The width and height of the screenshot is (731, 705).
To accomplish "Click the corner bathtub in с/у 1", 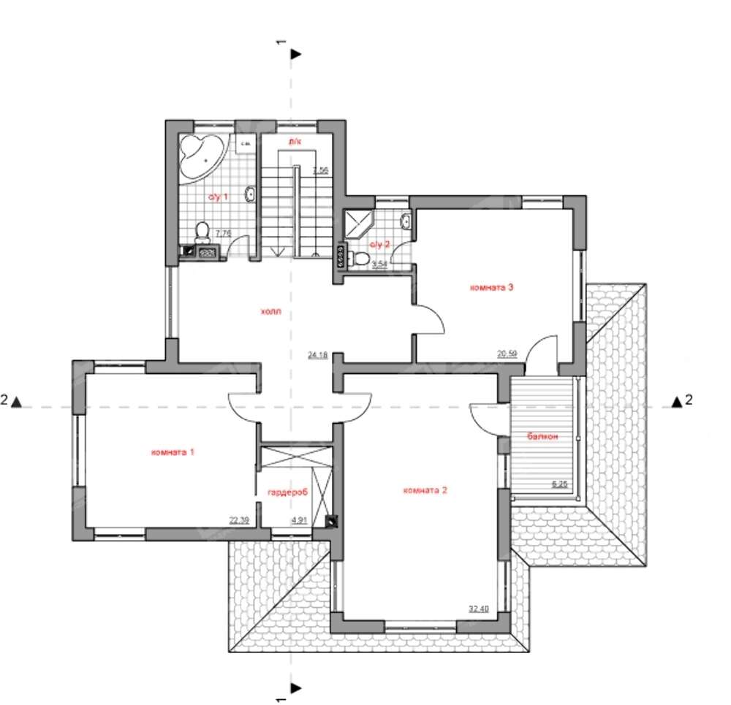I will pos(201,156).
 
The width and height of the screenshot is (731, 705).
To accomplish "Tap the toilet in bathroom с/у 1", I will pos(202,233).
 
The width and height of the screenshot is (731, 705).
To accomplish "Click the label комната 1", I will pos(173,452).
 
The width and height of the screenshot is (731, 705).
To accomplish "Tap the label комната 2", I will pos(425,490).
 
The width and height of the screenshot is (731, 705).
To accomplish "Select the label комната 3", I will pos(492,287).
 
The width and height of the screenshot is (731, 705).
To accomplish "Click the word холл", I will pos(270,311).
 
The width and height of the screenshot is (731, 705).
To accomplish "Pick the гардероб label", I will pos(288,492).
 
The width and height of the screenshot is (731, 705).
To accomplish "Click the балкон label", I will pos(542,436).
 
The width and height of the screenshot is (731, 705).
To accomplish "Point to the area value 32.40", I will pos(478,607).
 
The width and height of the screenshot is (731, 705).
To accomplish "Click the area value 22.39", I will pos(240,520).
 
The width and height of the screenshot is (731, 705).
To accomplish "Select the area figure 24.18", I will pos(317,355).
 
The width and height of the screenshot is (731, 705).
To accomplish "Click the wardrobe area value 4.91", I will pos(300,520).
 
